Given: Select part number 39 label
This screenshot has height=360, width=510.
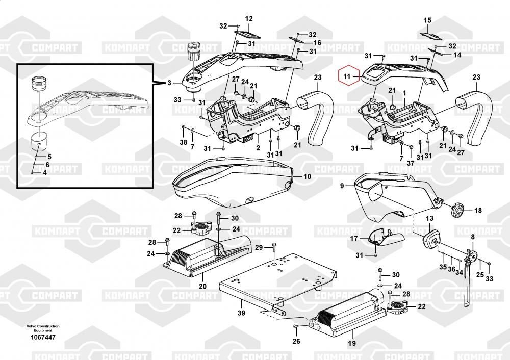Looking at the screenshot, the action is click(241, 313).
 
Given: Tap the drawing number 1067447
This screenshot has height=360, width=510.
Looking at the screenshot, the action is click(43, 337).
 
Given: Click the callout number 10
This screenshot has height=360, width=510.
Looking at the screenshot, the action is click(307, 176).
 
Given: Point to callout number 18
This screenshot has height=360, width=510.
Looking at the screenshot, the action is click(478, 211).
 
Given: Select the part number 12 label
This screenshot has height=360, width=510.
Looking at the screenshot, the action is click(249, 19).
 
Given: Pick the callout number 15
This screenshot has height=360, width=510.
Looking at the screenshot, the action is click(427, 20).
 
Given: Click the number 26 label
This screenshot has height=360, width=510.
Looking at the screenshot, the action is click(296, 341).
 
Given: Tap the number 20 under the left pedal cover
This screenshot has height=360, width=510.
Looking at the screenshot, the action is click(202, 286).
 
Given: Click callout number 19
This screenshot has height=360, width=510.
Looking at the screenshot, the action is click(352, 343).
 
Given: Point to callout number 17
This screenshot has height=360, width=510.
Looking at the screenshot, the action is click(354, 238).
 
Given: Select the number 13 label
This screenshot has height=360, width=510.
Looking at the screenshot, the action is click(429, 218).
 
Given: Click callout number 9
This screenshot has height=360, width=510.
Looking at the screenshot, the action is click(342, 186).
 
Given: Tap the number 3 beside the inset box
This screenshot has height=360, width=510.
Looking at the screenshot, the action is click(169, 83).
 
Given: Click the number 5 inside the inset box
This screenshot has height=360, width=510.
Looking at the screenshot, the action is click(49, 157).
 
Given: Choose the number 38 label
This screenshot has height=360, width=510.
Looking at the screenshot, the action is click(184, 142).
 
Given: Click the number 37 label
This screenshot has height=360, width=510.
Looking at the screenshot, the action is click(411, 163).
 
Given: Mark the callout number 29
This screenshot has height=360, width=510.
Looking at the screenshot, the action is click(259, 247).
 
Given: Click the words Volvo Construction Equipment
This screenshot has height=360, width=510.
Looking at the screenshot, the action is click(43, 328).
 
